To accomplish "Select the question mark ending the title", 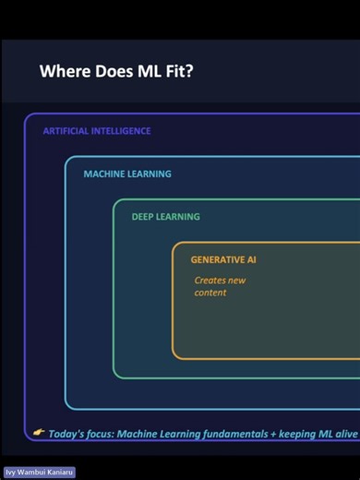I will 188,72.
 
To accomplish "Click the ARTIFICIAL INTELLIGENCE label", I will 96,131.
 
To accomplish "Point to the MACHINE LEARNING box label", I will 126,174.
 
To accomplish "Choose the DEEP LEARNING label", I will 165,217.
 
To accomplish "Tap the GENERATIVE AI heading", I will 223,260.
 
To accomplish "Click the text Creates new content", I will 220,286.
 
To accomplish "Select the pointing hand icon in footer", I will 38,432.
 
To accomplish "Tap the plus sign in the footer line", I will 279,433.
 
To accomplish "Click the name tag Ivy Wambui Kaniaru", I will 39,472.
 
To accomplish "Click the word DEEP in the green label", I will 143,217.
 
